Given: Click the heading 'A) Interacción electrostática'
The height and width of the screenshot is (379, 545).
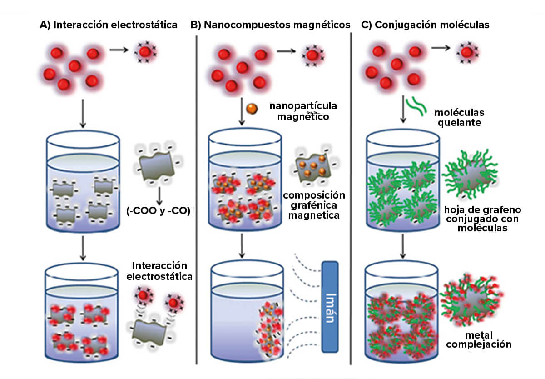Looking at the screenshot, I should tap(109, 25).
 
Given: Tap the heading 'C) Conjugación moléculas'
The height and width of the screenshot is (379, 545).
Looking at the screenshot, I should tap(425, 25).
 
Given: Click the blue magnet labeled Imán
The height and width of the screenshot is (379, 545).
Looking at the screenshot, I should tap(330, 307).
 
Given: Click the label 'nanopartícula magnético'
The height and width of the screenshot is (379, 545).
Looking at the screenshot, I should tap(303, 111).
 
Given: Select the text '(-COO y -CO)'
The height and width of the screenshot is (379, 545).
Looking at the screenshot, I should tap(159, 210).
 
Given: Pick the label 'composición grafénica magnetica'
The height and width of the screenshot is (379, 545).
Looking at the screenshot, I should tap(314, 205).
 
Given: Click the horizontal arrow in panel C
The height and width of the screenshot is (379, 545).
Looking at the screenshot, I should tap(441, 48).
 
